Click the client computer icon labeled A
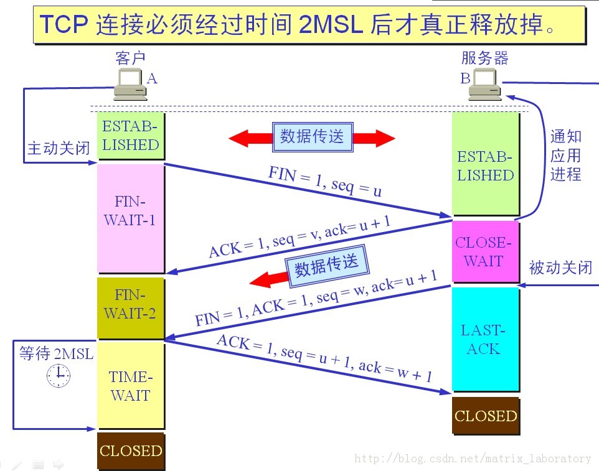click(x=130, y=85)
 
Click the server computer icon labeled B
click(x=485, y=85)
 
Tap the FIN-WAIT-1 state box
click(x=130, y=212)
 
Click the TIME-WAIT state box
click(x=130, y=386)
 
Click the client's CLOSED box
click(x=130, y=451)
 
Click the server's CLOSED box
click(x=485, y=416)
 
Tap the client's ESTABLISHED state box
click(x=130, y=136)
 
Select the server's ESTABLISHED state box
click(x=485, y=166)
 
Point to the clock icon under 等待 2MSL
click(x=59, y=375)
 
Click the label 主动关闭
click(x=59, y=149)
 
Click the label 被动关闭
click(x=560, y=268)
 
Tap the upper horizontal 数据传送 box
click(x=312, y=137)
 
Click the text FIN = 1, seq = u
click(x=324, y=181)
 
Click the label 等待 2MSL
click(x=56, y=354)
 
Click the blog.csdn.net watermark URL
click(x=473, y=459)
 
